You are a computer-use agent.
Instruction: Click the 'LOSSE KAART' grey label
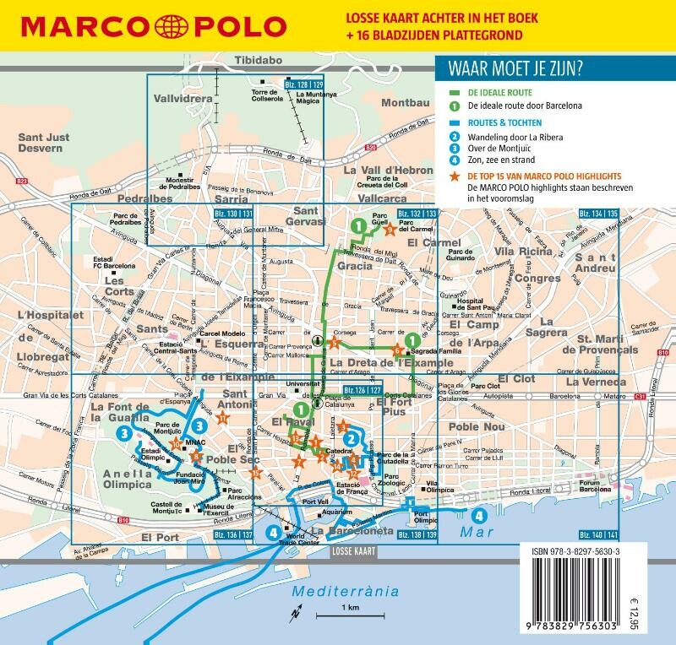351,550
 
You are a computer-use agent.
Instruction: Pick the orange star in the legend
455,177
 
